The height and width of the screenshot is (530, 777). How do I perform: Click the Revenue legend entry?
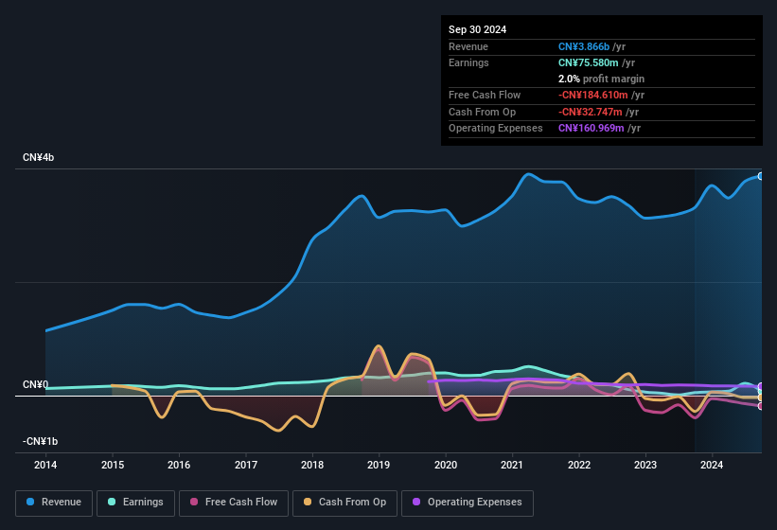[53, 502]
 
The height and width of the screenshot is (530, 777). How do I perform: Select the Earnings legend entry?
[135, 502]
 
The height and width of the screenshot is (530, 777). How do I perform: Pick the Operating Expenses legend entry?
[468, 502]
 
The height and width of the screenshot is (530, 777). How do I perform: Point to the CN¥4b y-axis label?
[39, 157]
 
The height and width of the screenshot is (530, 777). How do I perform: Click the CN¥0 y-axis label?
[35, 385]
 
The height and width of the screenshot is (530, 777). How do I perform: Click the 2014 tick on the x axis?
[45, 465]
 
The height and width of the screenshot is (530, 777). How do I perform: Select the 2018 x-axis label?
[312, 465]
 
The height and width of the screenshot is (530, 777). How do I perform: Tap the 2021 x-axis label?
[512, 465]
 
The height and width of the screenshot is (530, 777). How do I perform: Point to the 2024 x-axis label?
[712, 465]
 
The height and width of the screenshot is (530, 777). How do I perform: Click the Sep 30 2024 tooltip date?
[477, 29]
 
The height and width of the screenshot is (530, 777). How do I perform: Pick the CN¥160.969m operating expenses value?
[592, 128]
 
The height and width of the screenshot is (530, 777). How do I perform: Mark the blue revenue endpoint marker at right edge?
[760, 176]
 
